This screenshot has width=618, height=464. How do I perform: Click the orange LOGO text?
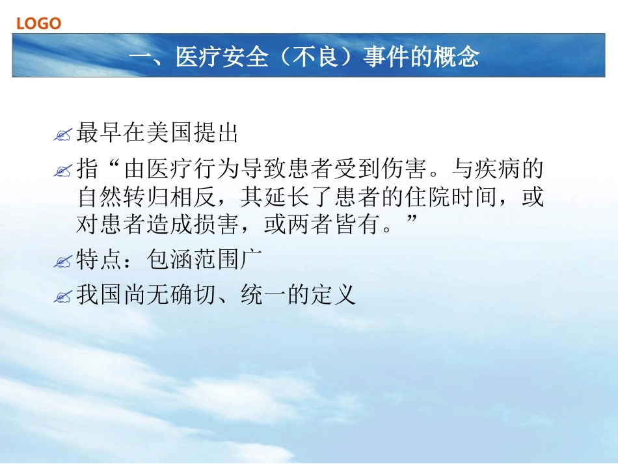tap(38, 23)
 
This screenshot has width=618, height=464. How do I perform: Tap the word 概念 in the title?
tap(456, 57)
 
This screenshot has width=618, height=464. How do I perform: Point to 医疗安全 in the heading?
tap(222, 57)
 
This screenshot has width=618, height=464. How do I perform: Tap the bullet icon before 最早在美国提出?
tap(63, 136)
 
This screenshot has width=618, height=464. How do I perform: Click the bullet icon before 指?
tap(63, 172)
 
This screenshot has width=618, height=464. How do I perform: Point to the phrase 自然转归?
tap(122, 197)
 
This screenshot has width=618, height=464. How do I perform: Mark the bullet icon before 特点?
tap(63, 262)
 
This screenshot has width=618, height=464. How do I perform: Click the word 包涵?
tap(170, 260)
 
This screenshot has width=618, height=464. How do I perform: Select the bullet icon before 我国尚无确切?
tap(63, 297)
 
